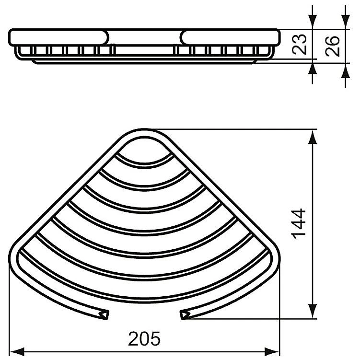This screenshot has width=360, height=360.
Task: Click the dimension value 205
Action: [144, 338]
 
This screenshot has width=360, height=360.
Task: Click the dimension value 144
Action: [299, 224]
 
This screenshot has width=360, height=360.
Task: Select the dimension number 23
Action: [300, 45]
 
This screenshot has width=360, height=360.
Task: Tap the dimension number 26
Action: [332, 46]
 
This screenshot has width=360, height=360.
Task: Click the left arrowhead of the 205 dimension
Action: [17, 352]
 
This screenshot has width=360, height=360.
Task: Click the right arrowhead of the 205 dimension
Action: [272, 352]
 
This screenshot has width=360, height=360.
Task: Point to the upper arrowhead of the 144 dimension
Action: [313, 137]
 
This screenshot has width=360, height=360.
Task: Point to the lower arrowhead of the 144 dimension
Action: [313, 311]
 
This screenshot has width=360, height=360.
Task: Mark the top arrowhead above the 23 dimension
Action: [313, 22]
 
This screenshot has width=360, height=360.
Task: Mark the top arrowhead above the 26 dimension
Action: [345, 22]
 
